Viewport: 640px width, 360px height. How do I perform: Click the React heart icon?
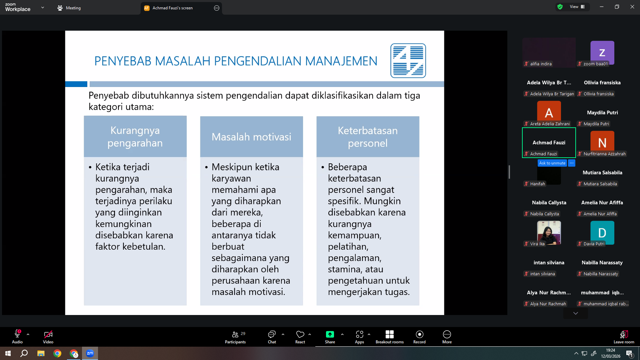coord(300,334)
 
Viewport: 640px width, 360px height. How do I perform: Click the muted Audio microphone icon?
coord(17,334)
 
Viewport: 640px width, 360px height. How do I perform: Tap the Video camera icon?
coord(48,334)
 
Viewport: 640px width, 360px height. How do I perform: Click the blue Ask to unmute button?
coord(552,163)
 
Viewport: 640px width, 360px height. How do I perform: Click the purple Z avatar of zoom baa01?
coord(602,52)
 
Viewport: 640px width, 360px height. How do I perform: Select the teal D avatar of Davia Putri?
coord(602,233)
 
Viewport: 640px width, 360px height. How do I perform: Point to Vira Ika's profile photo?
coord(549,233)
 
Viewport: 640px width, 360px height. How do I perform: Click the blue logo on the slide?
coord(408,61)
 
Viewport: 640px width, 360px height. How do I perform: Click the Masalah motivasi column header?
coord(251,137)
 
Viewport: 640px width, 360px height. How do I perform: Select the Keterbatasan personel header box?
coord(368,137)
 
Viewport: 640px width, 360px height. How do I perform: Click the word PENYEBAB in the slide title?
coord(123,61)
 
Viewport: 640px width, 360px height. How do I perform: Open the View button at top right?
coord(577,7)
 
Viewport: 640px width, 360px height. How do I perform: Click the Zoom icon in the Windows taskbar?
coord(90,353)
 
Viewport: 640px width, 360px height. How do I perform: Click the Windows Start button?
coord(8,353)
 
